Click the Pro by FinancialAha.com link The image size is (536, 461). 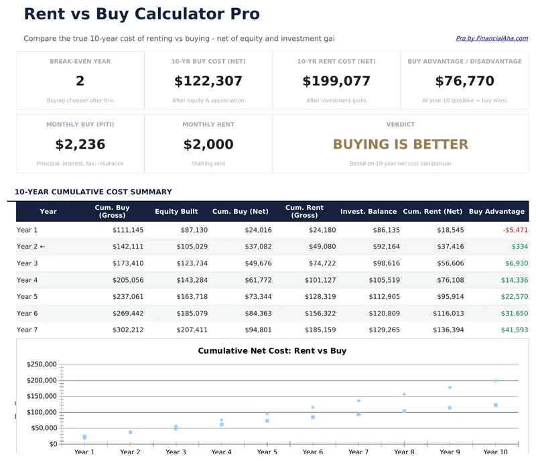[x=492, y=39]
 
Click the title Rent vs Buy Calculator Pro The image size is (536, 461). [x=141, y=14]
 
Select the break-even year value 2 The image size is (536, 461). [x=80, y=82]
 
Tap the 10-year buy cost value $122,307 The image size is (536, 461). [x=208, y=82]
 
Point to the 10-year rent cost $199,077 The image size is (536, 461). [x=336, y=82]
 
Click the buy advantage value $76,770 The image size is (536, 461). [x=464, y=82]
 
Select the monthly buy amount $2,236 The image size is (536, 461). [x=80, y=145]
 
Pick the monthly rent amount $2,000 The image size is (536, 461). [x=208, y=145]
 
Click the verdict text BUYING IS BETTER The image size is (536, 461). [x=400, y=145]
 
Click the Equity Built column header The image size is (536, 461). [x=176, y=212]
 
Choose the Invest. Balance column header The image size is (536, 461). [x=368, y=212]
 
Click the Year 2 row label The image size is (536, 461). [x=31, y=247]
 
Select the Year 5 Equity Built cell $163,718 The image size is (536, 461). [x=191, y=297]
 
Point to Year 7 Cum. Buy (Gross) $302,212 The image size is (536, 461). [x=127, y=330]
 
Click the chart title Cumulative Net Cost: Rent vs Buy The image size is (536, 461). [x=272, y=351]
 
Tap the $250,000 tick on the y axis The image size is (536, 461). [x=42, y=365]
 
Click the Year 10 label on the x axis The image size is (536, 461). [x=495, y=452]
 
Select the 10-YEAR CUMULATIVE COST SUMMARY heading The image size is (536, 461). [x=93, y=192]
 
